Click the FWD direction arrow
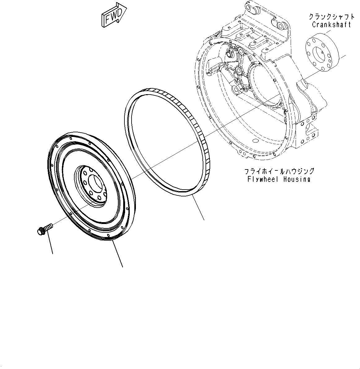(x=113, y=15)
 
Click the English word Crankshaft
(x=331, y=25)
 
